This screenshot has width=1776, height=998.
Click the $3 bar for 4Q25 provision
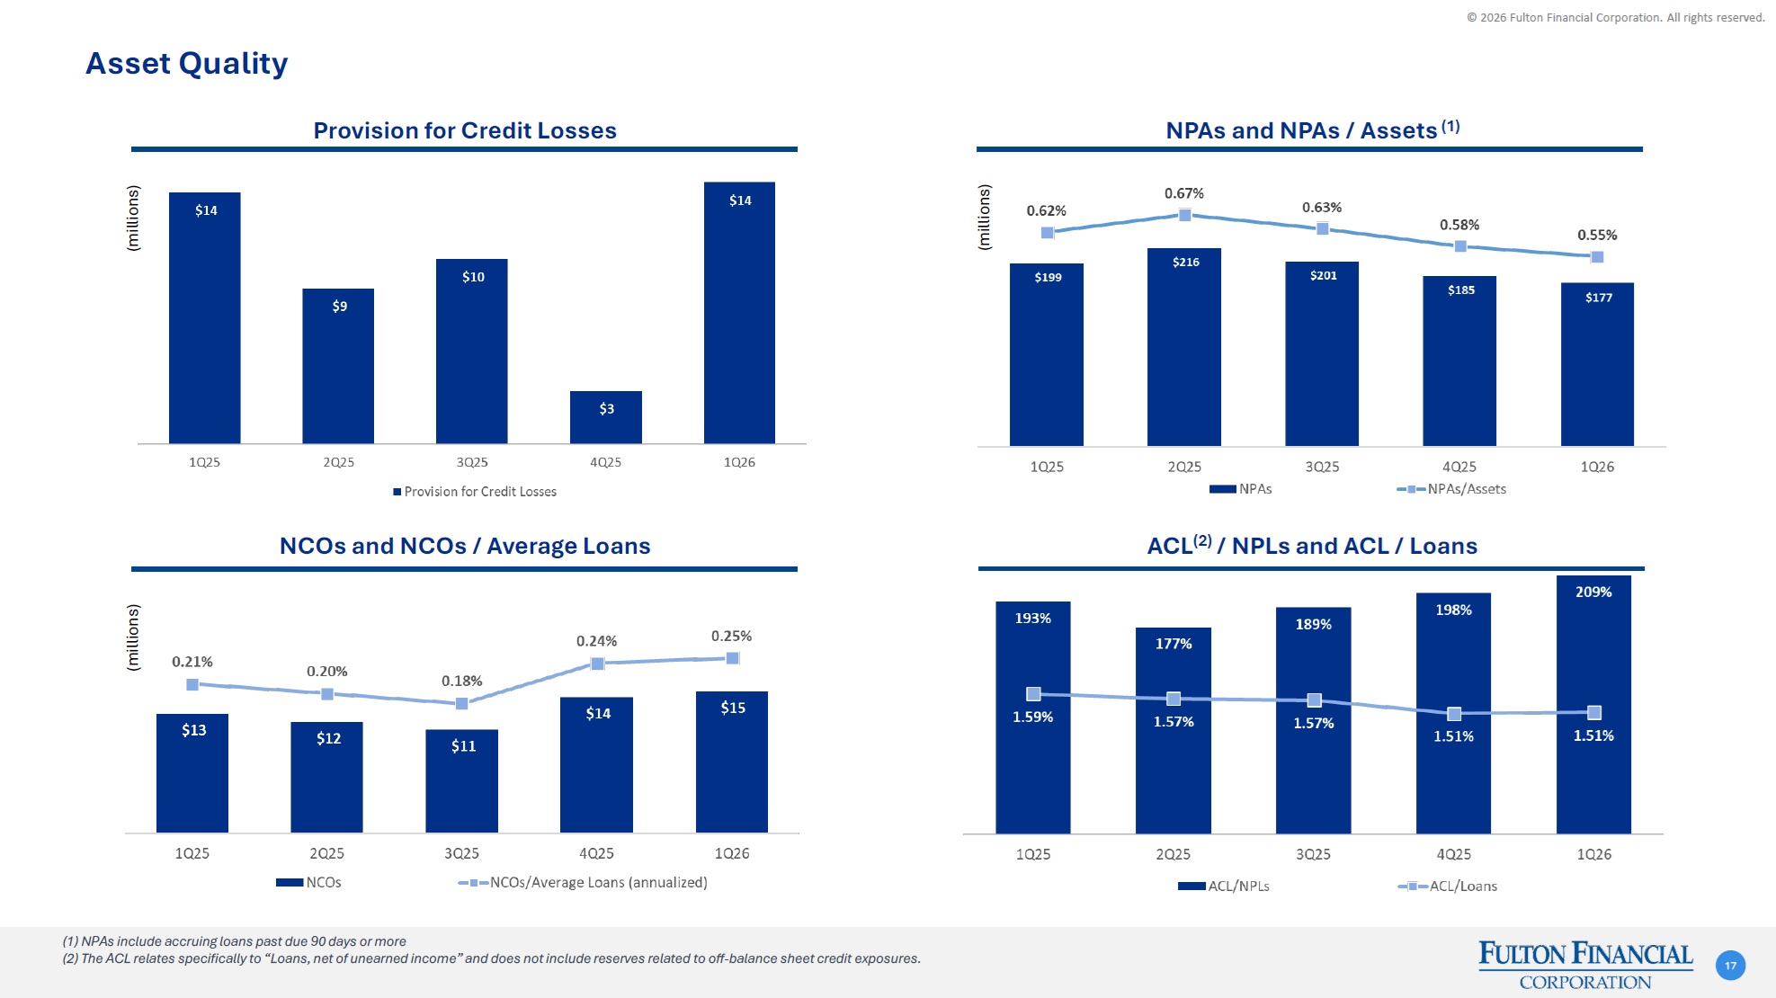(606, 417)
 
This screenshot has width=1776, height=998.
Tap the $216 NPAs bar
(1184, 346)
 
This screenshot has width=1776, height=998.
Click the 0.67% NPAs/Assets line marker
(1185, 215)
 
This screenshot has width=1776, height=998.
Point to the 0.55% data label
(1597, 236)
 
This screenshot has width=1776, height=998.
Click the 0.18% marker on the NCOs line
(462, 704)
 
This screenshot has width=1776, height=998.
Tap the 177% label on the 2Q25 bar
(1174, 644)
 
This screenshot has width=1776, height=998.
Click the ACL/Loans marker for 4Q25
(1454, 714)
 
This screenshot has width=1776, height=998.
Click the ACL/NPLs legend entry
(1224, 887)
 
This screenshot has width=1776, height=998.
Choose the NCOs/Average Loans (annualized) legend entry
(583, 883)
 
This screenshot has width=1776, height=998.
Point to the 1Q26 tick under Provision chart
(739, 462)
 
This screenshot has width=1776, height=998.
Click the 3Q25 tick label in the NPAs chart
(1322, 468)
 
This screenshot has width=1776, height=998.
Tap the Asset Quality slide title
(187, 64)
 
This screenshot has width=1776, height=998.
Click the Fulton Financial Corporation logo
(1585, 965)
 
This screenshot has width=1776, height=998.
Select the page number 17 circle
(1730, 966)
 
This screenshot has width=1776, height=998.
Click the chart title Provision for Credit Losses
(465, 131)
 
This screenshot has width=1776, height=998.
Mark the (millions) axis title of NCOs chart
(133, 637)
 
